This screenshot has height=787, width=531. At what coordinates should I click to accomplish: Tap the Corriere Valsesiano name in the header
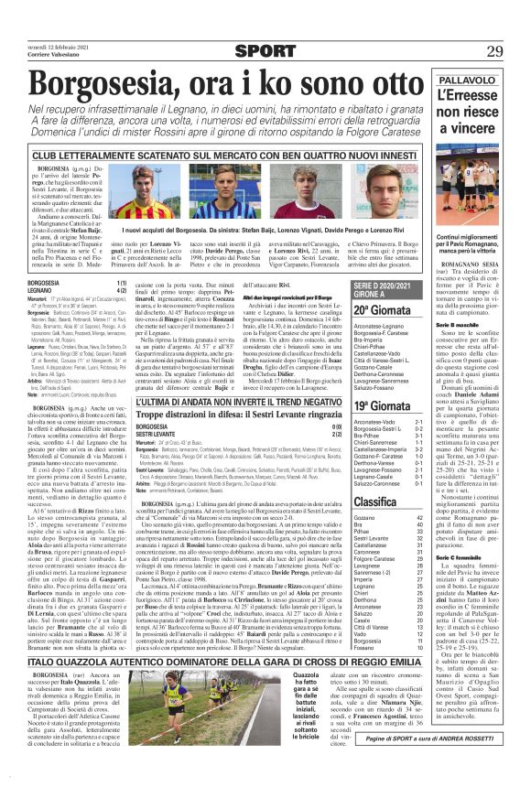coord(45,57)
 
